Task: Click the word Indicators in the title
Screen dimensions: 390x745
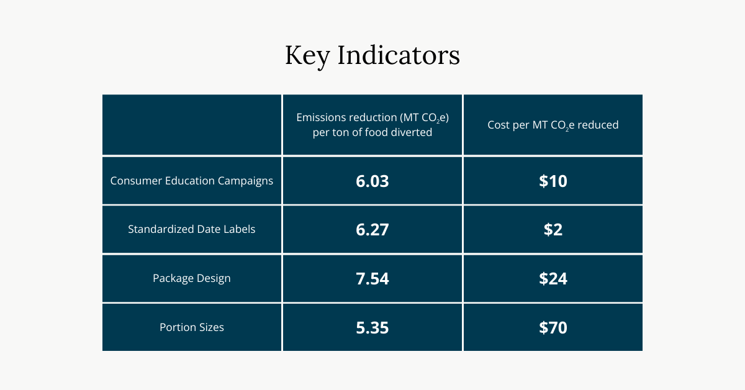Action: [x=399, y=55]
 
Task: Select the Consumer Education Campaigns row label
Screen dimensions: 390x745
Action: [x=192, y=181]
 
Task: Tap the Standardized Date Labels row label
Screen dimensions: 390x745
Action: [x=192, y=229]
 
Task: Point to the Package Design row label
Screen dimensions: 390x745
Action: [x=192, y=278]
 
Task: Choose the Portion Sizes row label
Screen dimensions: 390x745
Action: [x=192, y=327]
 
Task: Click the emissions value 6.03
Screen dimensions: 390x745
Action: [x=372, y=181]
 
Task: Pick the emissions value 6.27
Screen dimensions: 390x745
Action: [x=372, y=230]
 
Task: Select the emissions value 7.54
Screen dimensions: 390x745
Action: [x=372, y=278]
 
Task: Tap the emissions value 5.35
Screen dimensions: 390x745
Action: [x=372, y=327]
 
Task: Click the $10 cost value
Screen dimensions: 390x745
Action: [x=553, y=181]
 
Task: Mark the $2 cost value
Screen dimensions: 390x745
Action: [x=553, y=230]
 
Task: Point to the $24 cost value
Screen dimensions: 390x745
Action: [x=553, y=278]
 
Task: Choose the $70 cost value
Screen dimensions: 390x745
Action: [x=553, y=327]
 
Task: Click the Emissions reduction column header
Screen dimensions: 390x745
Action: [x=372, y=125]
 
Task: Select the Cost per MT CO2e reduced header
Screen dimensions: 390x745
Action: [x=553, y=125]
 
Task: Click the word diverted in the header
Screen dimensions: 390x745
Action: [x=411, y=132]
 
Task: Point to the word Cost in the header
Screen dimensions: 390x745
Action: [x=499, y=125]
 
